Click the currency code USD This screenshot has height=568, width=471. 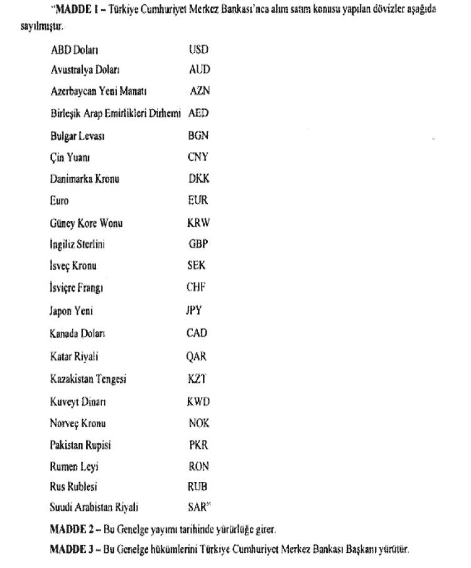pyautogui.click(x=198, y=48)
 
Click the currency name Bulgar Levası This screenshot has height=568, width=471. pyautogui.click(x=72, y=135)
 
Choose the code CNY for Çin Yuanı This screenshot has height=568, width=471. pyautogui.click(x=198, y=157)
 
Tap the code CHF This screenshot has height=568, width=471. pyautogui.click(x=197, y=288)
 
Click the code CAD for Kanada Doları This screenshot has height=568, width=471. pyautogui.click(x=197, y=332)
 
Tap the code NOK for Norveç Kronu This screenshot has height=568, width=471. pyautogui.click(x=199, y=423)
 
